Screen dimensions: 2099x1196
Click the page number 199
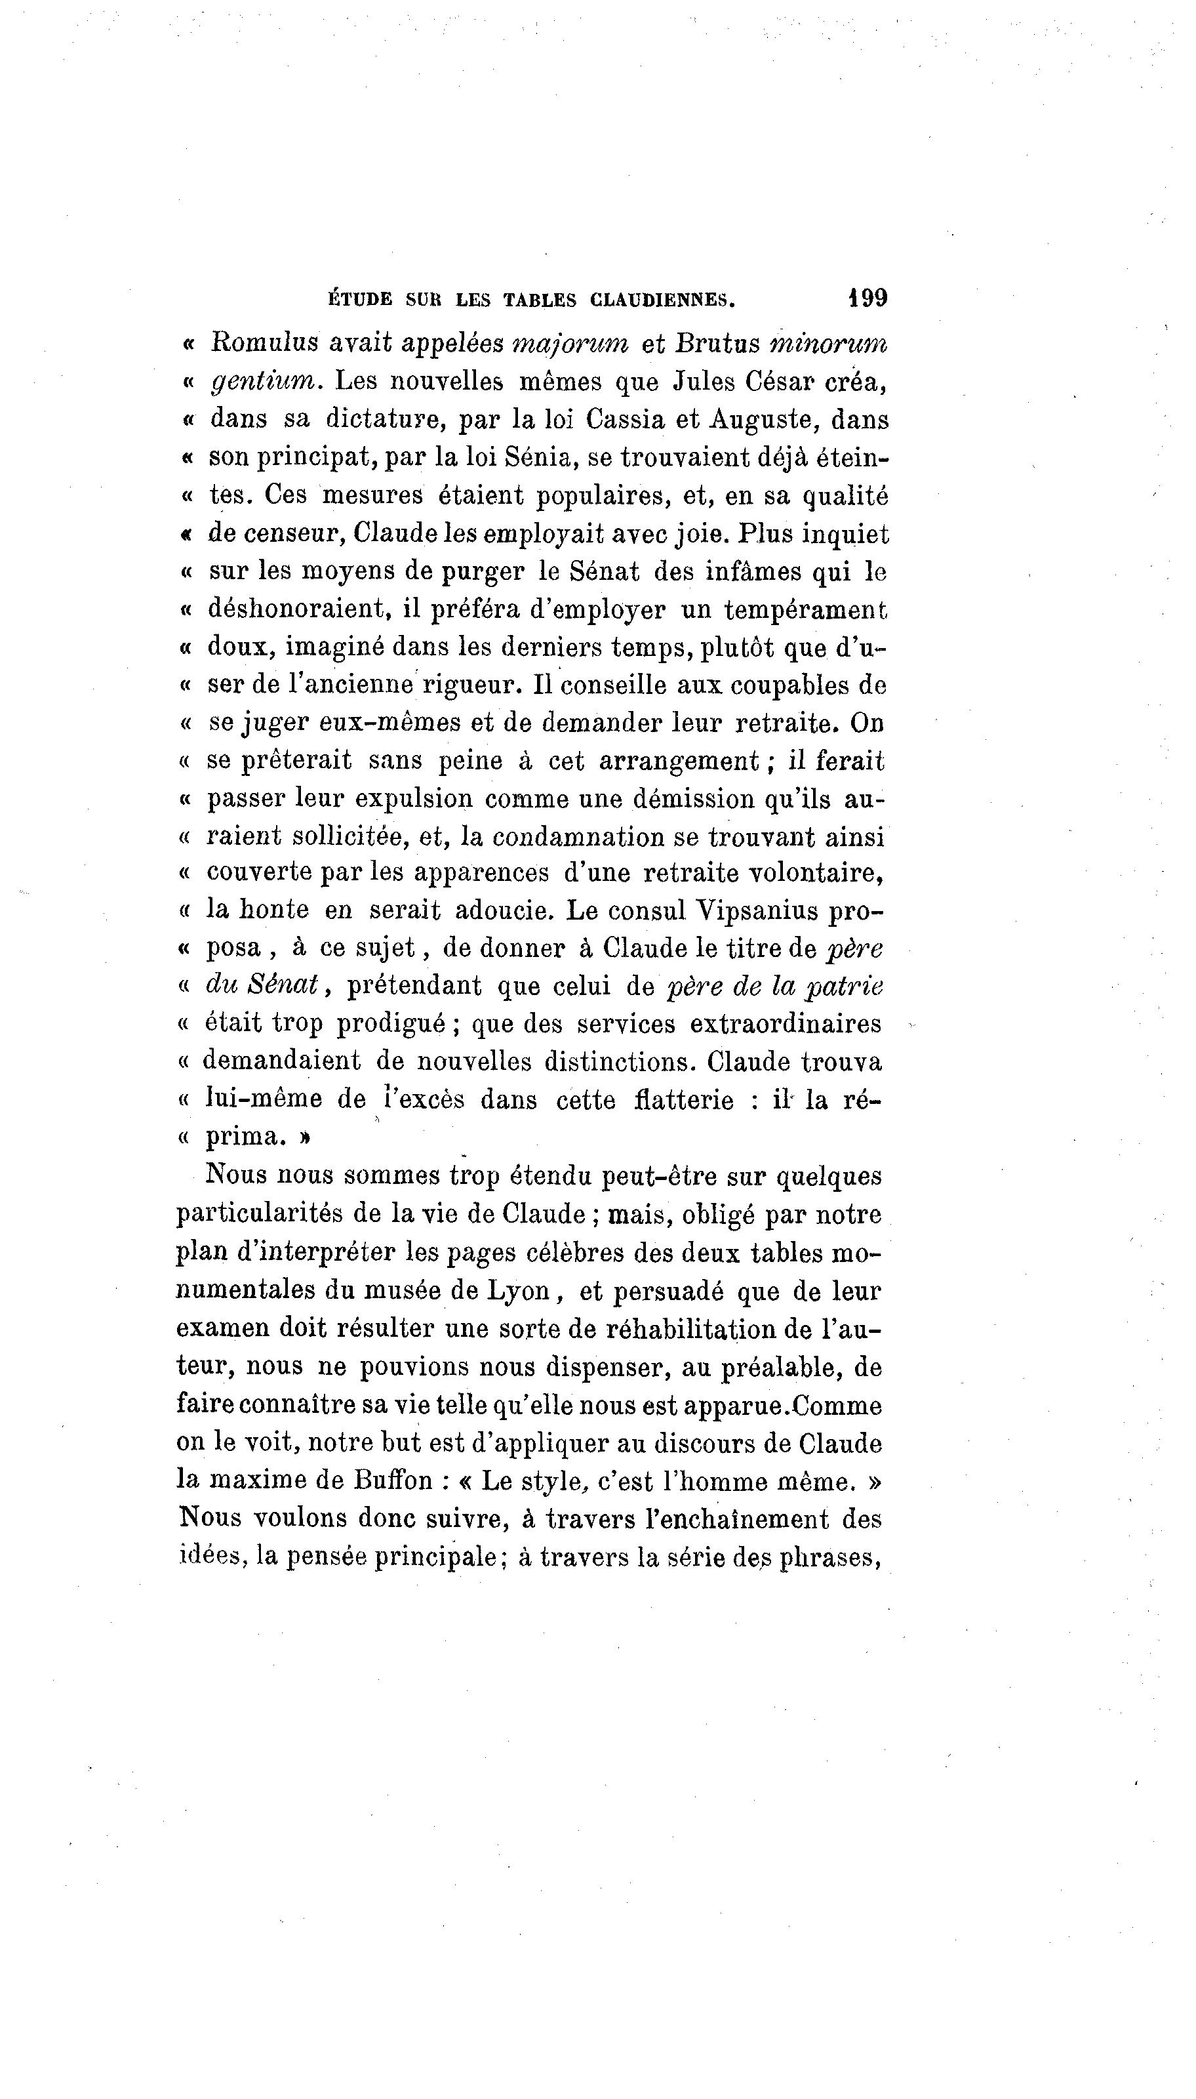pyautogui.click(x=867, y=297)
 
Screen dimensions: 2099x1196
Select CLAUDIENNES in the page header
pyautogui.click(x=662, y=300)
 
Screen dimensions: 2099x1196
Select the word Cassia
pyautogui.click(x=625, y=419)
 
